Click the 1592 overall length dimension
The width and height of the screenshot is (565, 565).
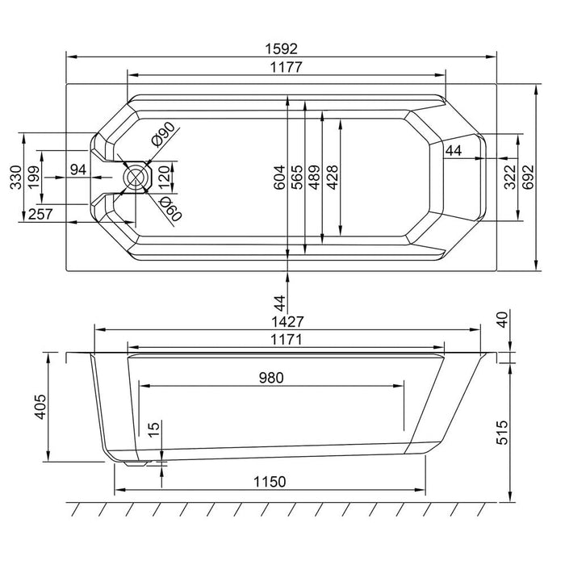(282, 49)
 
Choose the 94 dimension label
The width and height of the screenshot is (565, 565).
(79, 169)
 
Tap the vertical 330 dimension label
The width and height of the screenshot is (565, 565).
(15, 177)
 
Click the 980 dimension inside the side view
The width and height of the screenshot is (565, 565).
(272, 377)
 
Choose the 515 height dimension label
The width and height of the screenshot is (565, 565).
(524, 429)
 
